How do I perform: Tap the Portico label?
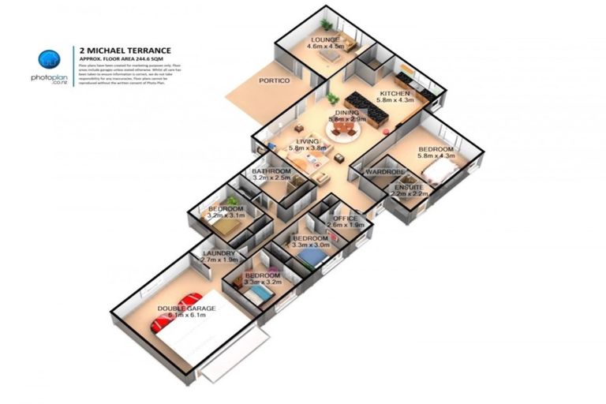pos(275,80)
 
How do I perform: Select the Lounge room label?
pos(325,39)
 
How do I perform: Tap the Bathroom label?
pos(270,170)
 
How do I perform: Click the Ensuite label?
pos(410,187)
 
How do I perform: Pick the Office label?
pos(346,219)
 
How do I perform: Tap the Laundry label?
pos(219,253)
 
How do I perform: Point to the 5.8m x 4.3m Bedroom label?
pos(436,149)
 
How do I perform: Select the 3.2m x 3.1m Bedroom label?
pos(226,210)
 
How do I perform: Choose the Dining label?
pos(346,113)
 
